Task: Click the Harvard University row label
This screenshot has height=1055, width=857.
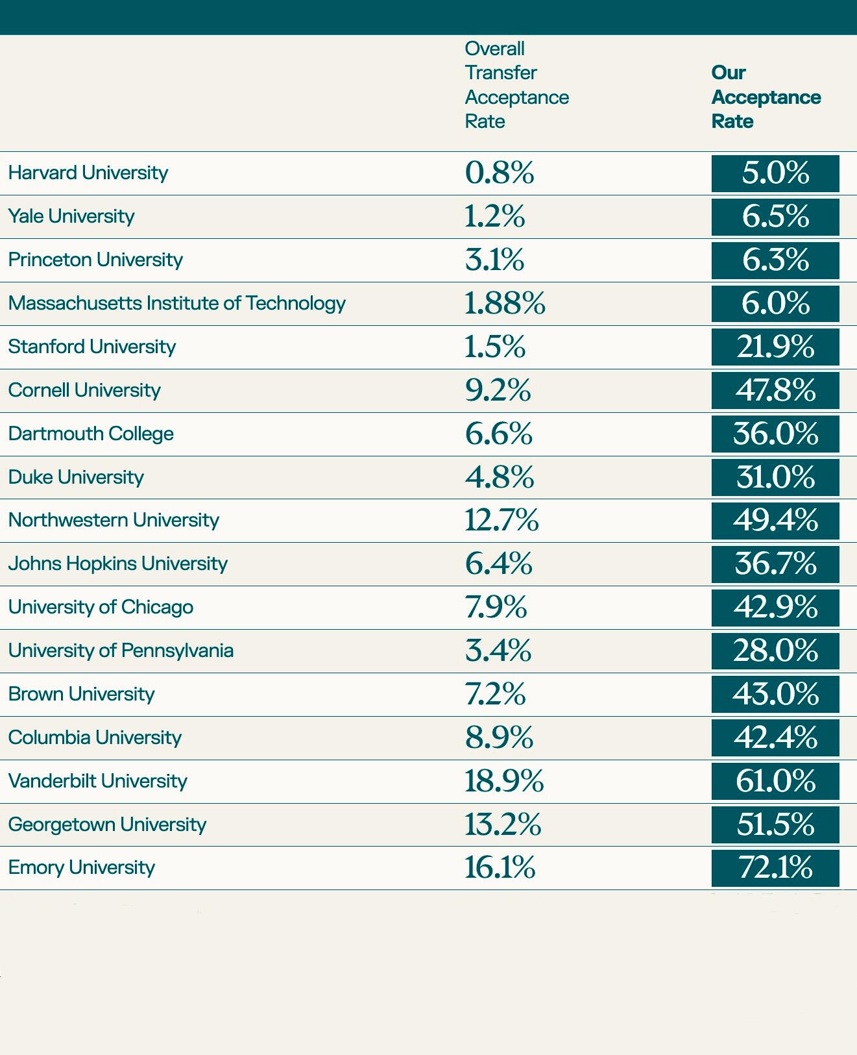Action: tap(88, 173)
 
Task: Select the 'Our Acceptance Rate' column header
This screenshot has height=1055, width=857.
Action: tap(766, 97)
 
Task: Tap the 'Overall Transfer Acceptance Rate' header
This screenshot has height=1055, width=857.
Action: tap(516, 85)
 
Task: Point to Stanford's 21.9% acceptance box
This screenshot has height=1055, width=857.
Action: tap(775, 347)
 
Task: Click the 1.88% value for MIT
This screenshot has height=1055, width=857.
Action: tap(505, 303)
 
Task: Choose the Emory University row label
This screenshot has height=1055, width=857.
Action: tap(82, 867)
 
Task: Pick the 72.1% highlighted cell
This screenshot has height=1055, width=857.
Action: tap(775, 868)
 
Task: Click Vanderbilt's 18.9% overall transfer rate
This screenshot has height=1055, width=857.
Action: tap(503, 781)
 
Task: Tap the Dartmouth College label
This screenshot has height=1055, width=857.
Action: tap(91, 434)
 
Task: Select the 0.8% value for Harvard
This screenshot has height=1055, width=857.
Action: tap(500, 173)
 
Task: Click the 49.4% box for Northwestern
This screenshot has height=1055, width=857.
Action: tap(775, 521)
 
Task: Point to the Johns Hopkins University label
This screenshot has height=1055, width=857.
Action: tap(117, 564)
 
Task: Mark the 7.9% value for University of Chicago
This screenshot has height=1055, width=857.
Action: tap(496, 607)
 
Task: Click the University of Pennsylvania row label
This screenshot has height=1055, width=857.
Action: tap(121, 651)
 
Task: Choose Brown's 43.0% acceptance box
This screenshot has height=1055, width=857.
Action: tap(775, 694)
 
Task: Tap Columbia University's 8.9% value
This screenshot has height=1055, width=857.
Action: tap(499, 738)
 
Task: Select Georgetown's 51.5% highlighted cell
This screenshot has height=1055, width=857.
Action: tap(775, 825)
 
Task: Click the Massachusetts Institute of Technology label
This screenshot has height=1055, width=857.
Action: tap(176, 303)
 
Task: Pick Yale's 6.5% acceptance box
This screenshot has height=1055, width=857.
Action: tap(775, 216)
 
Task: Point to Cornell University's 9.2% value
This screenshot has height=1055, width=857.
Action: tap(498, 390)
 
